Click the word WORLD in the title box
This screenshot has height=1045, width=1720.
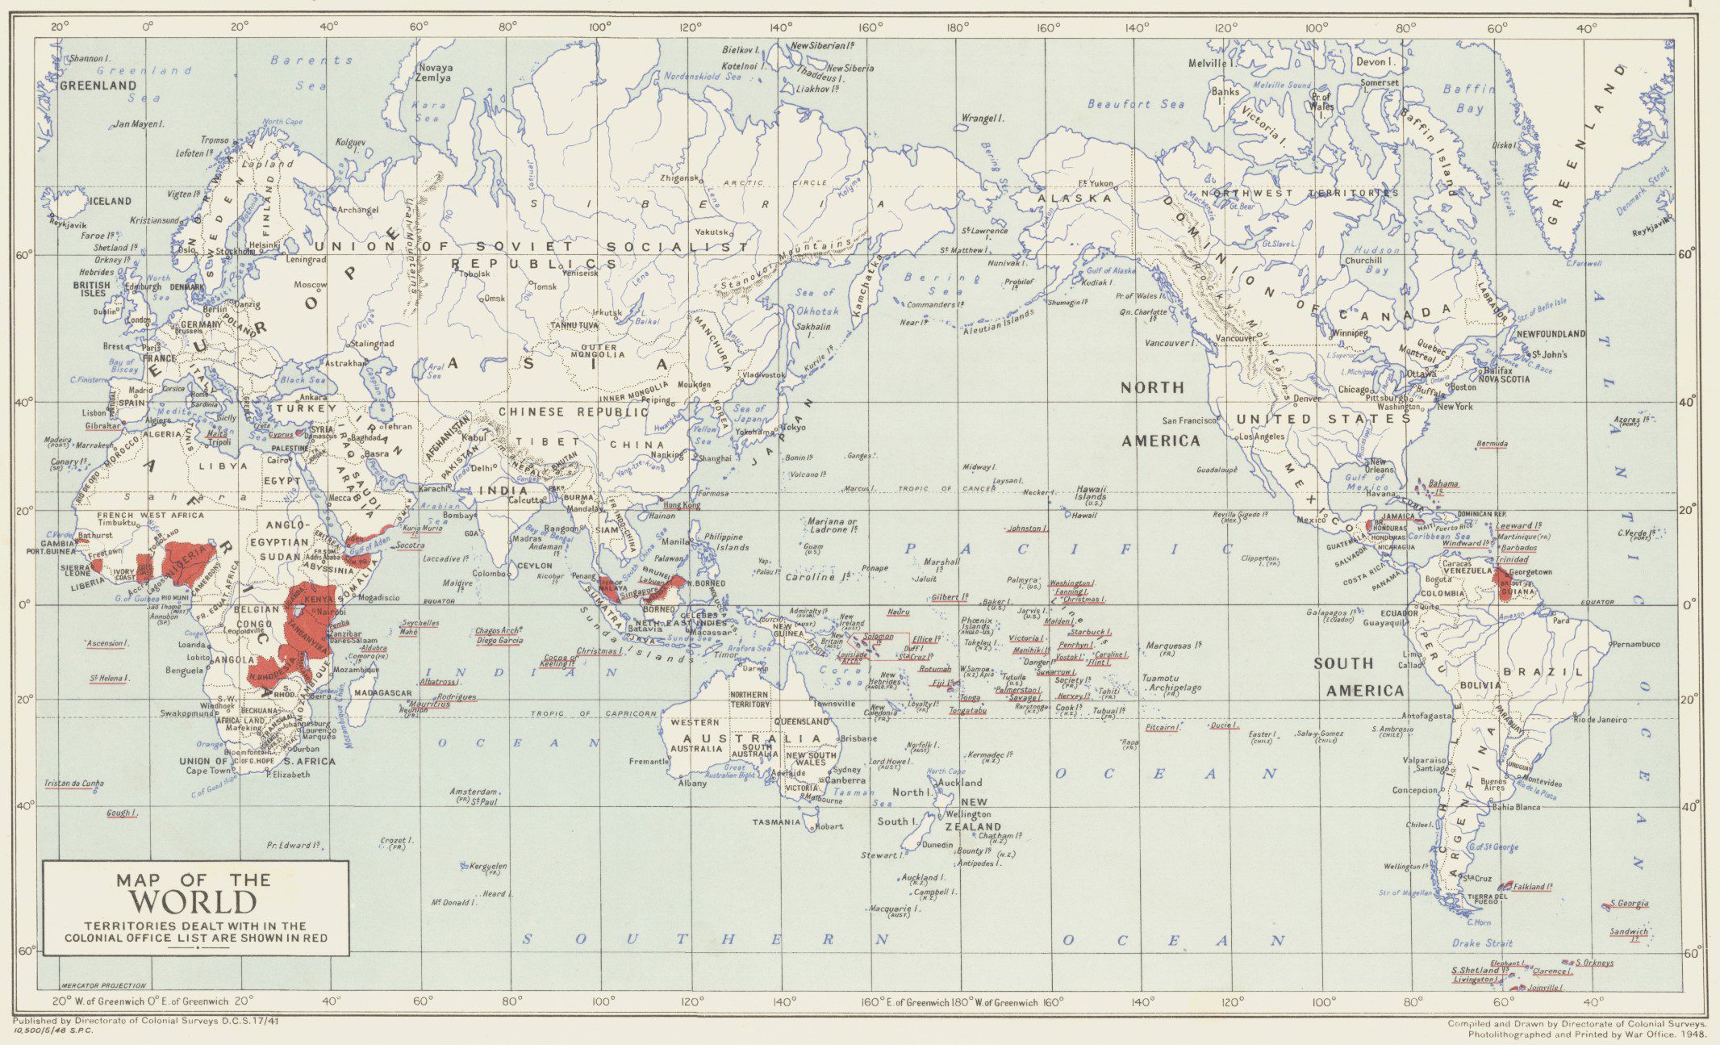[195, 902]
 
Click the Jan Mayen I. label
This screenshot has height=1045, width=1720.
[138, 124]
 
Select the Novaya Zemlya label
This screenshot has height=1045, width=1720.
[434, 73]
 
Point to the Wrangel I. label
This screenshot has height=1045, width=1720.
[982, 119]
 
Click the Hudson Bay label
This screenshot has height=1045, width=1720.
[1377, 260]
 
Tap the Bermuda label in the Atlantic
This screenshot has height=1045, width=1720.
[1492, 444]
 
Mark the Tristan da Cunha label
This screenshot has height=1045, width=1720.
[73, 784]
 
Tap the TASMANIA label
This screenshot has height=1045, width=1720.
[777, 822]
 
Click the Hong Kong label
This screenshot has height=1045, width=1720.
[682, 505]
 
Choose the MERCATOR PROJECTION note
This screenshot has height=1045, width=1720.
[104, 985]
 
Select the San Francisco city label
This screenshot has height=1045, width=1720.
[1188, 420]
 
